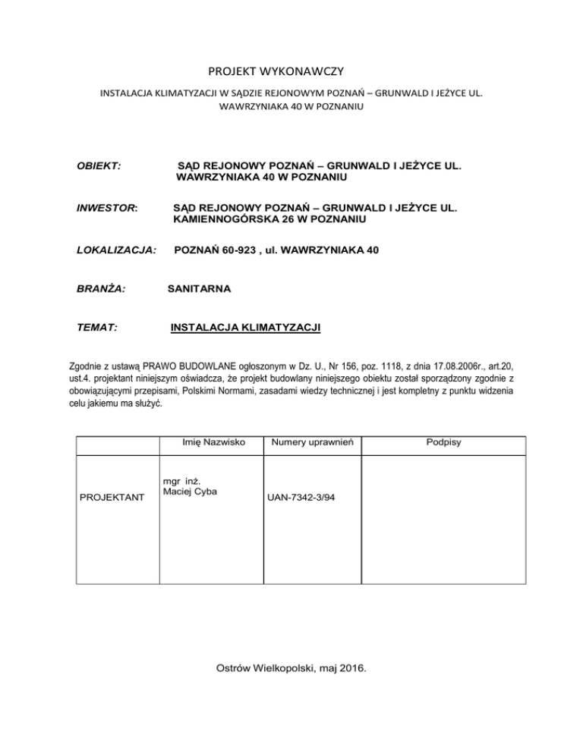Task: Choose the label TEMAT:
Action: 98,328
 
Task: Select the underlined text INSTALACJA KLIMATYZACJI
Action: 246,328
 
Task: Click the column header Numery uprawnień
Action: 310,442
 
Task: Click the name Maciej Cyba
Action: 190,492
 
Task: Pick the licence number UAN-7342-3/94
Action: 301,498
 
